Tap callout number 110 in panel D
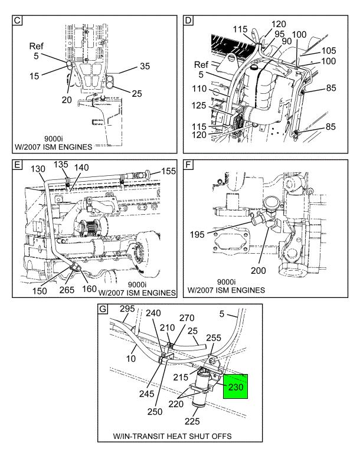(199, 89)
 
